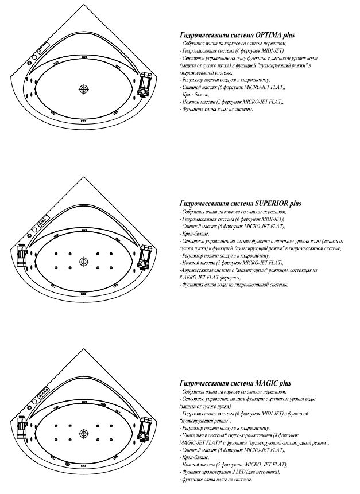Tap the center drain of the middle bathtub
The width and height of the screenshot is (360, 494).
84,262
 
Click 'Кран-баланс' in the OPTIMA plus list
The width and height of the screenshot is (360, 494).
195,94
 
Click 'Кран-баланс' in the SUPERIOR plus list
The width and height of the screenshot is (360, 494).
195,234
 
